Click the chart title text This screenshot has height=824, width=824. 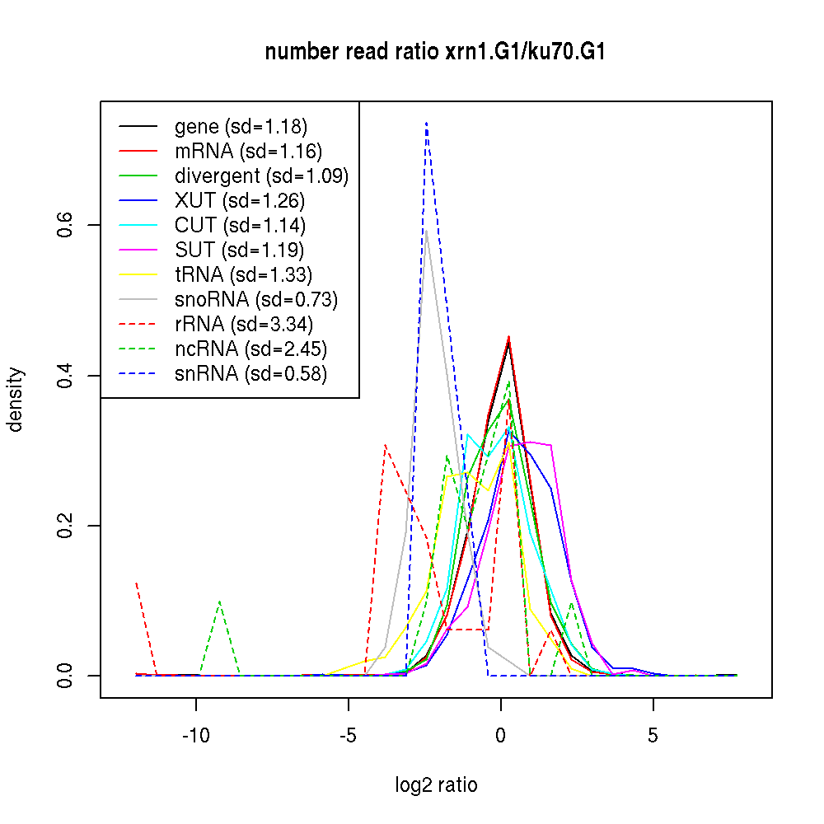pos(436,53)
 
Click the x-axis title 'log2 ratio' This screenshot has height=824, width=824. pos(436,785)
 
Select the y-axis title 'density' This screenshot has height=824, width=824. pos(16,400)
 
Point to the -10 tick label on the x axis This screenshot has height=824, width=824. pos(196,736)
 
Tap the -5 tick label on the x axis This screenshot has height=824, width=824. pos(348,736)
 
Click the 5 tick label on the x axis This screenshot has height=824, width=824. pos(653,736)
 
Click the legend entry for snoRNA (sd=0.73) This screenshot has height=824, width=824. pos(256,300)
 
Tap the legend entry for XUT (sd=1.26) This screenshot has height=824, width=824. pos(240,201)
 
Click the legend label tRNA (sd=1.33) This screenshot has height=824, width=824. pos(243,275)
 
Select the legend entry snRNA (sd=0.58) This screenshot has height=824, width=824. pos(250,374)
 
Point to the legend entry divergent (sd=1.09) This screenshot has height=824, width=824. pos(261,176)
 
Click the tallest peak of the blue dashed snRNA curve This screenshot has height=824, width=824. pos(426,123)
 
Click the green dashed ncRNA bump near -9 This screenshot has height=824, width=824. pos(219,602)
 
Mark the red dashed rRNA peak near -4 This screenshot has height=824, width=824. pos(386,445)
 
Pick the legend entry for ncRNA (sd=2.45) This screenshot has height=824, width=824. pos(250,349)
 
